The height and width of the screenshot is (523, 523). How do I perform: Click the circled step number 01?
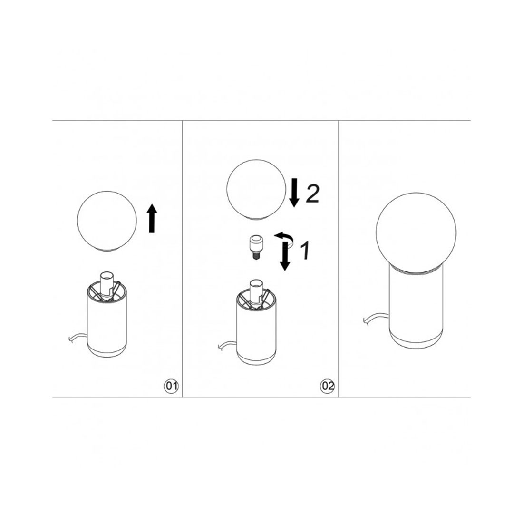point(171,386)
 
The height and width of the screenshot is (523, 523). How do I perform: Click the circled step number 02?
point(327,386)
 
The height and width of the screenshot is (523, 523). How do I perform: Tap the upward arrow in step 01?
point(152,218)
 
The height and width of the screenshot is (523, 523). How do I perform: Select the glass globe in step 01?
point(107,221)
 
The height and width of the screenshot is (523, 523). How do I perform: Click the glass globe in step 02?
point(256,189)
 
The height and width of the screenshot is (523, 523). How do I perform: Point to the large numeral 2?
point(312,193)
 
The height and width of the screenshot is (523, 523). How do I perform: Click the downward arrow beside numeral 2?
point(294,193)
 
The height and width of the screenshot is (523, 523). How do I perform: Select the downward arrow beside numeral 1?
point(284,256)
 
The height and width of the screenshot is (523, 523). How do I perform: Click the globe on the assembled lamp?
point(416,232)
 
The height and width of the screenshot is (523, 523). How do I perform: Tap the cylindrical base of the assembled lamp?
point(416,307)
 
